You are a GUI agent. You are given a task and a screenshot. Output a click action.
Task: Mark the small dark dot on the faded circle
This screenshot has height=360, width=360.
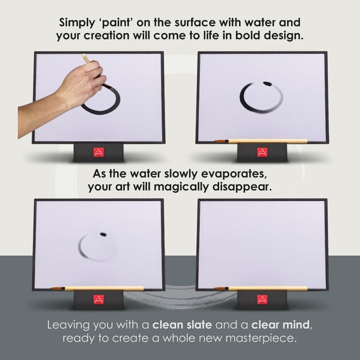(x=103, y=234)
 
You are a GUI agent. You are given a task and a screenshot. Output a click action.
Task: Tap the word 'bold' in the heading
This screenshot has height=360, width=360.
(x=246, y=35)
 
